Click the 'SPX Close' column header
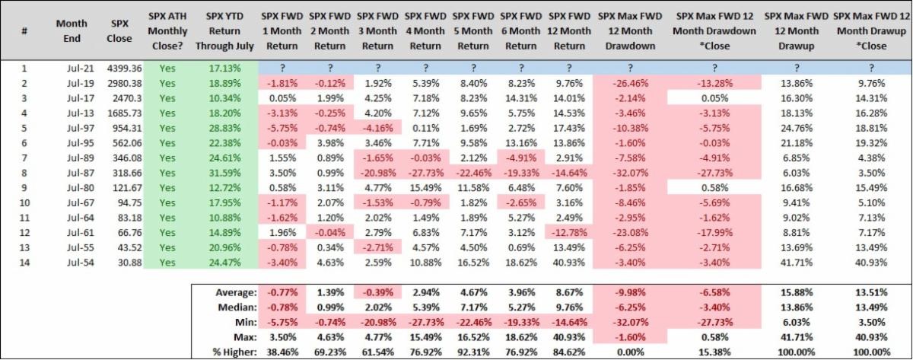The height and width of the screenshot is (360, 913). (x=120, y=30)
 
